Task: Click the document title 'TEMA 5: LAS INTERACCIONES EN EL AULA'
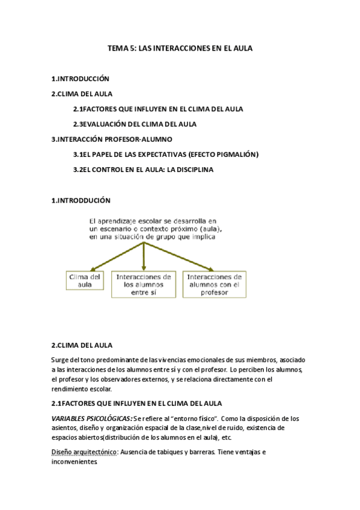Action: (x=180, y=52)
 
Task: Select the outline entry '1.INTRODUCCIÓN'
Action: (x=81, y=79)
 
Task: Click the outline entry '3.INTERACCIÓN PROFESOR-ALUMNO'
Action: (x=103, y=139)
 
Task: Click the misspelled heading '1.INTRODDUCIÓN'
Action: (x=81, y=200)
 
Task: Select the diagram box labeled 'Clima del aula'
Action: (x=85, y=281)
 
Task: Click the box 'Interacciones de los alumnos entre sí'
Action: (x=143, y=284)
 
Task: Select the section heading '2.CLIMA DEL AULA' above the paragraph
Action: (x=82, y=345)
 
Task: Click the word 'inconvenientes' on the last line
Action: (x=75, y=462)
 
